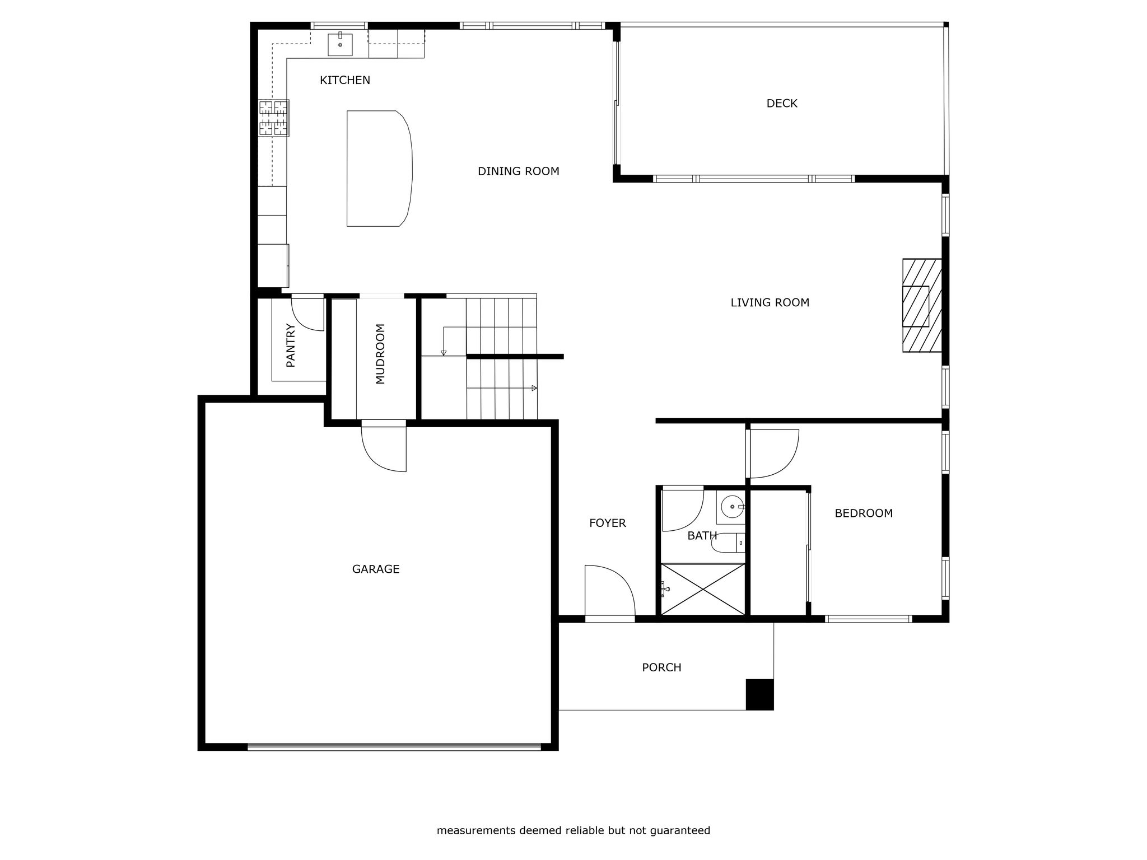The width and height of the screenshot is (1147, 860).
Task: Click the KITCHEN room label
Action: [344, 80]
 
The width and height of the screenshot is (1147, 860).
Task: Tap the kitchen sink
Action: [340, 45]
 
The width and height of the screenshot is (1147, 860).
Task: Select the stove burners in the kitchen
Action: [274, 118]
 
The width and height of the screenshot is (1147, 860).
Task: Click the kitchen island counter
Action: [379, 169]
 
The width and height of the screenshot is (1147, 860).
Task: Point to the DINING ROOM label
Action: [518, 171]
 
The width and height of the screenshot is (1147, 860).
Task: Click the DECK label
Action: [782, 103]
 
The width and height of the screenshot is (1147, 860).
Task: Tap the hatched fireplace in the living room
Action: [922, 305]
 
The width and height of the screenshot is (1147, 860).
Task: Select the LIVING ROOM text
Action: [770, 302]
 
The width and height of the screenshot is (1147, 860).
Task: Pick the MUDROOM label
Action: [380, 354]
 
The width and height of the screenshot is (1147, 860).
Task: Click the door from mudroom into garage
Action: [384, 446]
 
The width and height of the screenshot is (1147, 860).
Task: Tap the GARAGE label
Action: [375, 569]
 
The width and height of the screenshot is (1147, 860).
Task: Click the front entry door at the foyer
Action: [610, 591]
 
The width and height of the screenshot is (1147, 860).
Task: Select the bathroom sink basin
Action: [732, 507]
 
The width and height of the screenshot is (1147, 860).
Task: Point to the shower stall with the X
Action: [703, 589]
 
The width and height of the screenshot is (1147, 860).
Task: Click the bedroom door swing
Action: [773, 454]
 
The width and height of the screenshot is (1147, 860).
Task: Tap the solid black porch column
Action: [759, 694]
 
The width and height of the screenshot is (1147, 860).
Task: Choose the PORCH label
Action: [661, 667]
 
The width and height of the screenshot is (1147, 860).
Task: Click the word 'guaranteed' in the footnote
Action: [680, 830]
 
